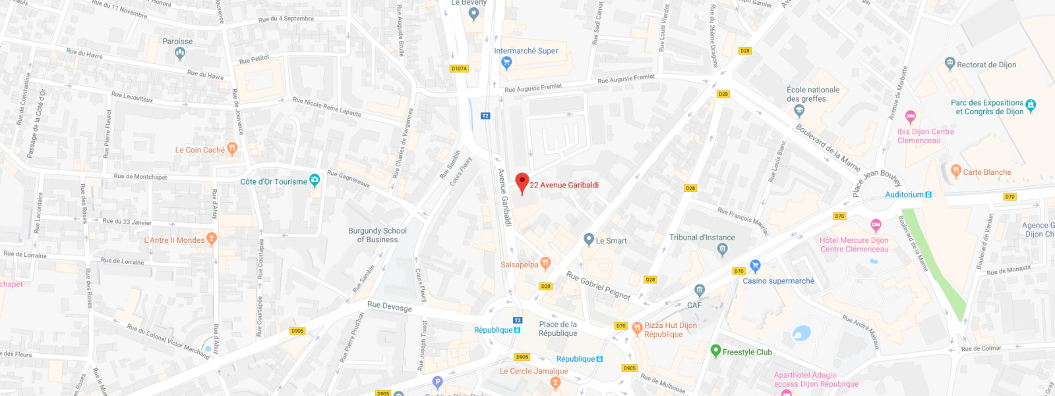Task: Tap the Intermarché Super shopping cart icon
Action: pyautogui.click(x=506, y=63)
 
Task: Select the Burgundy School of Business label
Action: pyautogui.click(x=377, y=235)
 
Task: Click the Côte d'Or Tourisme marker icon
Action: pyautogui.click(x=315, y=180)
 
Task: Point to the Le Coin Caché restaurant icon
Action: pyautogui.click(x=231, y=148)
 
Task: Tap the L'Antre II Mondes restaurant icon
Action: pyautogui.click(x=211, y=238)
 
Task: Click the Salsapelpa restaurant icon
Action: pyautogui.click(x=545, y=263)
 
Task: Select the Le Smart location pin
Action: pyautogui.click(x=589, y=240)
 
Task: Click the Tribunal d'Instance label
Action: pyautogui.click(x=702, y=238)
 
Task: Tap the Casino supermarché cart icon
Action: pyautogui.click(x=755, y=266)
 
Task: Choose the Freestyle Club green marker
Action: pyautogui.click(x=715, y=350)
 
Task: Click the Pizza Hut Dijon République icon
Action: pyautogui.click(x=637, y=328)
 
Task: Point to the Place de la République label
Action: pyautogui.click(x=558, y=329)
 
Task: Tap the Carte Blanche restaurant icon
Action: pyautogui.click(x=956, y=171)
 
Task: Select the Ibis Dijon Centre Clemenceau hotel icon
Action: pyautogui.click(x=911, y=117)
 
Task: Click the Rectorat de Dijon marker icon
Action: pyautogui.click(x=950, y=63)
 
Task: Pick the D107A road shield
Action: pyautogui.click(x=459, y=69)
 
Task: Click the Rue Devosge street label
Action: pyautogui.click(x=390, y=306)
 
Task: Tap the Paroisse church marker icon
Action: pyautogui.click(x=179, y=54)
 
